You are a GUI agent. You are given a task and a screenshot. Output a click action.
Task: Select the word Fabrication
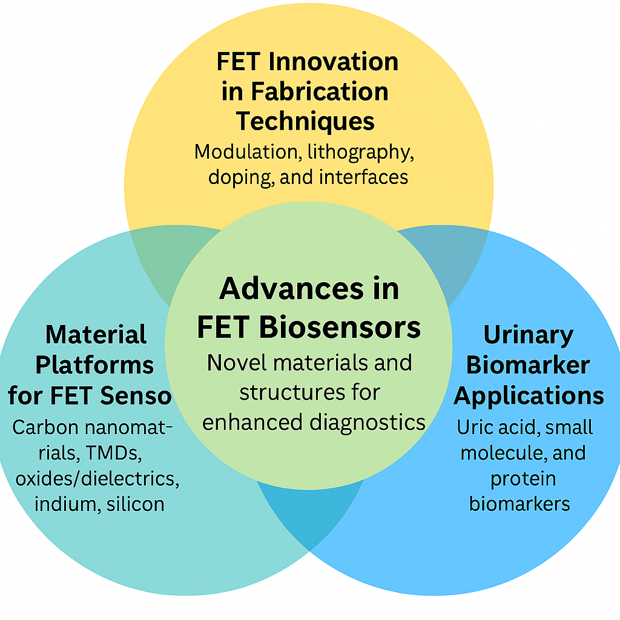tap(320, 91)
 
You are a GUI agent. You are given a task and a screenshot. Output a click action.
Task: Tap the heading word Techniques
tap(305, 121)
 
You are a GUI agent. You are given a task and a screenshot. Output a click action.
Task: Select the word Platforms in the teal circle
tap(94, 365)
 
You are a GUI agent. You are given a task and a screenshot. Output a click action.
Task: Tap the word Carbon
tap(45, 427)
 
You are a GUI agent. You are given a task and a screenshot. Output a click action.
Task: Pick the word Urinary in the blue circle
tap(529, 335)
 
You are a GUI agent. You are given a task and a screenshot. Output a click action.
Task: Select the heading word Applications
tap(529, 395)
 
